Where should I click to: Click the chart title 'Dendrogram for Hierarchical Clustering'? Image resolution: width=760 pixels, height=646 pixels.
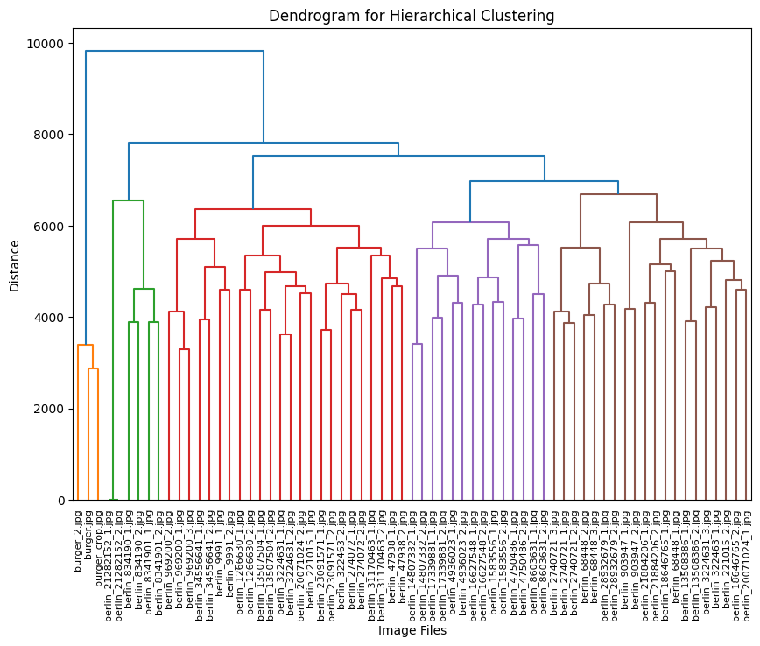(x=412, y=16)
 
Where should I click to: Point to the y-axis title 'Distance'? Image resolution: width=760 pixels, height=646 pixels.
(x=15, y=267)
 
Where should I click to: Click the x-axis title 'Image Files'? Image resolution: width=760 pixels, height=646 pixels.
(x=412, y=629)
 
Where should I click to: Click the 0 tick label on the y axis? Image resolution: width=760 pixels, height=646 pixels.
(x=60, y=501)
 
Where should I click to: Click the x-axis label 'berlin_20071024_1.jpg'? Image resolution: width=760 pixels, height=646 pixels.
(x=747, y=560)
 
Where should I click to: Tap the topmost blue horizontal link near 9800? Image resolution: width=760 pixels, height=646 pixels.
(x=175, y=51)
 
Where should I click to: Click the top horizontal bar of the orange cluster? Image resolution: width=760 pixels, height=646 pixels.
(x=85, y=346)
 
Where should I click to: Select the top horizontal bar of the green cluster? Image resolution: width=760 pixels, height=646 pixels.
(x=128, y=200)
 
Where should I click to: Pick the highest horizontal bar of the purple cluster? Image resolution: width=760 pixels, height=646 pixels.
(x=470, y=222)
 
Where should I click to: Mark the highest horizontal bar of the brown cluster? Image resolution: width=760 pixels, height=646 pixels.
(x=618, y=194)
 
